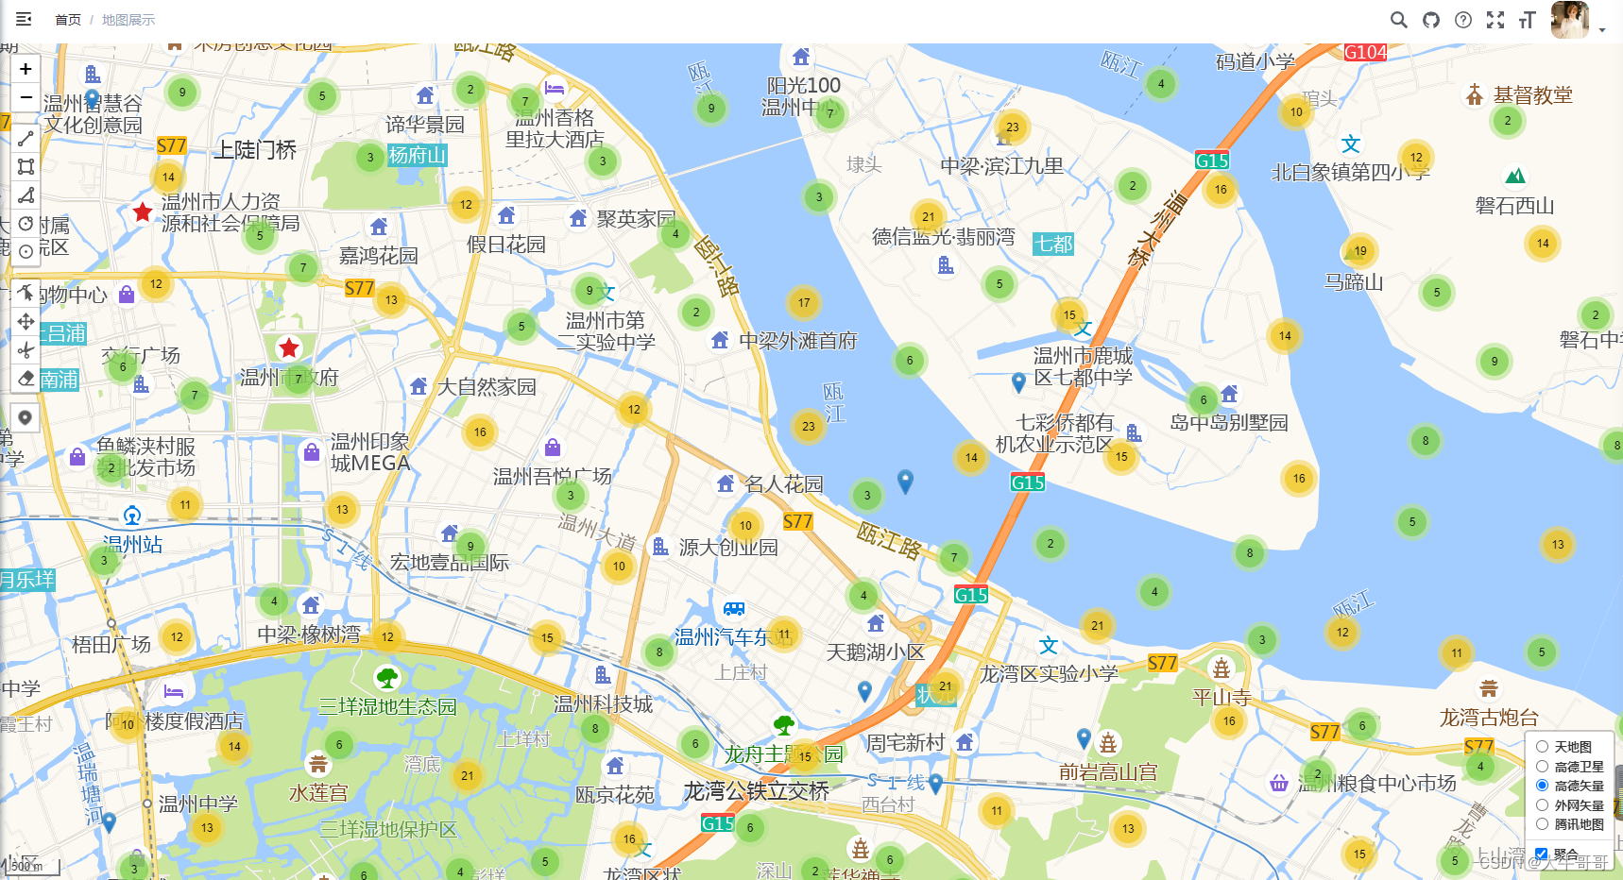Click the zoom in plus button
pos(26,68)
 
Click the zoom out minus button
pos(26,97)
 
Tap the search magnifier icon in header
pos(1398,20)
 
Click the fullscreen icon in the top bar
pos(1495,20)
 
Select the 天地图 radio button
pos(1542,747)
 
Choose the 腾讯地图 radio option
pos(1542,824)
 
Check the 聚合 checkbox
pos(1541,854)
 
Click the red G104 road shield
pos(1365,53)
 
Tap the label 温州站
pos(132,545)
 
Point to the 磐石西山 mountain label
pos(1514,206)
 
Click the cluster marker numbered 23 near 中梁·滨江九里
pos(1012,127)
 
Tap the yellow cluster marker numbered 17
pos(804,303)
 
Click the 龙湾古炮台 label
pos(1489,718)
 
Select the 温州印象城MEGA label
pos(369,452)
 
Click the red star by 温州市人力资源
pos(143,212)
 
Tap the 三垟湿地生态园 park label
pos(387,706)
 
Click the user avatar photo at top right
pos(1570,20)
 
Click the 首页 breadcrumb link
pos(68,20)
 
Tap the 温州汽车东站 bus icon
pos(734,609)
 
